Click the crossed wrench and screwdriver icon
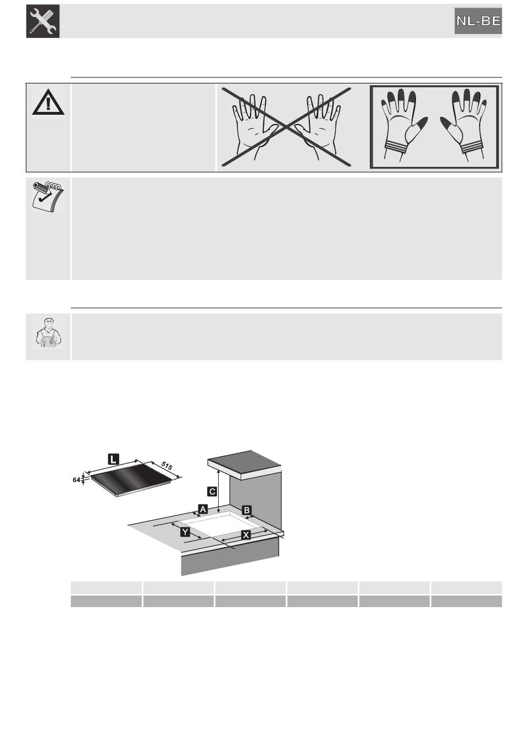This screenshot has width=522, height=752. (43, 21)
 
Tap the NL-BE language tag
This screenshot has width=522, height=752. (478, 21)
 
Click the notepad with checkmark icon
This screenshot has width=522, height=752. (48, 197)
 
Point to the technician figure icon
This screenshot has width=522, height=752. (48, 332)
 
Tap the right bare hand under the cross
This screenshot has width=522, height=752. (318, 127)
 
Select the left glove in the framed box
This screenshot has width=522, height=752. (403, 125)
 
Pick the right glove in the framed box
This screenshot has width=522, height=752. (464, 125)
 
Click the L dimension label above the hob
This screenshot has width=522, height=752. (113, 458)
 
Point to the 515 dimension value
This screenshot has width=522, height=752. (166, 465)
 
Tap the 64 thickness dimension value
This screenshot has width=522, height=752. (76, 480)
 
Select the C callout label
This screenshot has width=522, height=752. (212, 492)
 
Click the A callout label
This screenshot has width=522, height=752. (203, 509)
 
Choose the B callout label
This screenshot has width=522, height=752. (247, 510)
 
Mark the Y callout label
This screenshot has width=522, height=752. (185, 532)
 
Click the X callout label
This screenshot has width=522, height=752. (246, 535)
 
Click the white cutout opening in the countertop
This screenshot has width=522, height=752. (222, 524)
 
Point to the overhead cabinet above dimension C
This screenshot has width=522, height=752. (245, 465)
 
